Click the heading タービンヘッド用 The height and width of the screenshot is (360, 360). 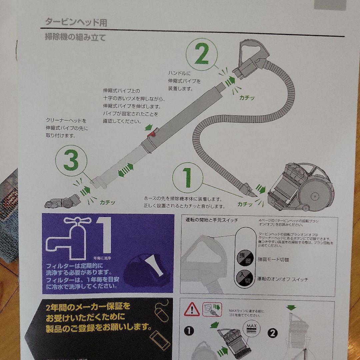(76, 23)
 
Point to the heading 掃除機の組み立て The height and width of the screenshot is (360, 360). (76, 37)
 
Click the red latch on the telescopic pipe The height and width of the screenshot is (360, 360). (152, 134)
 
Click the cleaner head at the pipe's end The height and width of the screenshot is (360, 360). (63, 200)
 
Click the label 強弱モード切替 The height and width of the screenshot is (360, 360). (273, 260)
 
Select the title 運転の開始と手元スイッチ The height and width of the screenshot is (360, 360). (212, 220)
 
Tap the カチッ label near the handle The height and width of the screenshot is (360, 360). (247, 98)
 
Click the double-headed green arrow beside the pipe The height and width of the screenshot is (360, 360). (126, 170)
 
